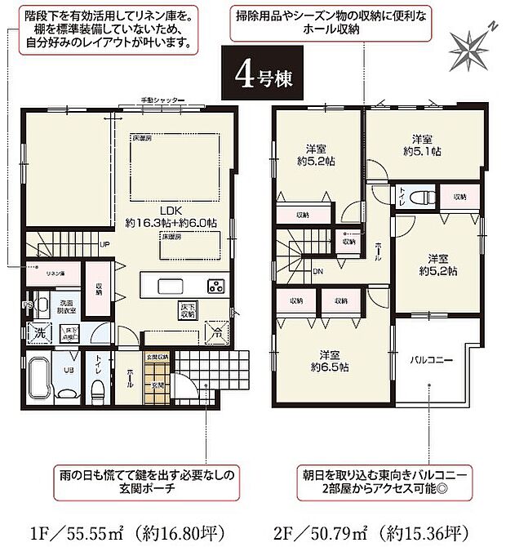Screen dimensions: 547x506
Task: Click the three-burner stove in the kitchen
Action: (x=215, y=286)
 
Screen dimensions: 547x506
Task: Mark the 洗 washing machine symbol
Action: (x=38, y=332)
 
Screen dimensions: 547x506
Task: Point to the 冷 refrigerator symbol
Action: (x=217, y=332)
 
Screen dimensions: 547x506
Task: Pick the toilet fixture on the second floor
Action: (x=419, y=198)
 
